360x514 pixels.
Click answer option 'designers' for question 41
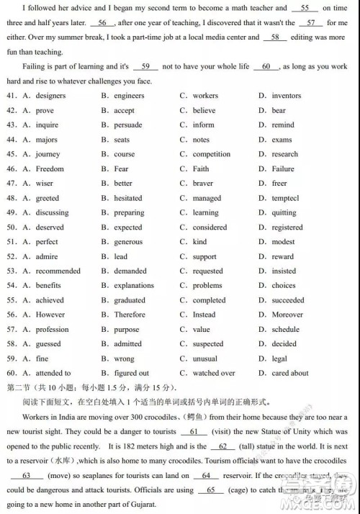[50, 96]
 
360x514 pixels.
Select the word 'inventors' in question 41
[287, 96]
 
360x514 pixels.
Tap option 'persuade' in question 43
[128, 125]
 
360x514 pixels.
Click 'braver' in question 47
[203, 184]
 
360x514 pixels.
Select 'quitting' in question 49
[284, 213]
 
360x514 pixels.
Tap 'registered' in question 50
[287, 227]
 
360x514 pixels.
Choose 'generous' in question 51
[128, 242]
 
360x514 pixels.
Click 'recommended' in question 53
[58, 271]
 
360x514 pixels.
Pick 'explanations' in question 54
[134, 286]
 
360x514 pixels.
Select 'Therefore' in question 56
[130, 315]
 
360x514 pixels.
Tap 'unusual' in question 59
[205, 359]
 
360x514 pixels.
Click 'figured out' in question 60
[132, 373]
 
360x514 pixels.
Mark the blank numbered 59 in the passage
[145, 66]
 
